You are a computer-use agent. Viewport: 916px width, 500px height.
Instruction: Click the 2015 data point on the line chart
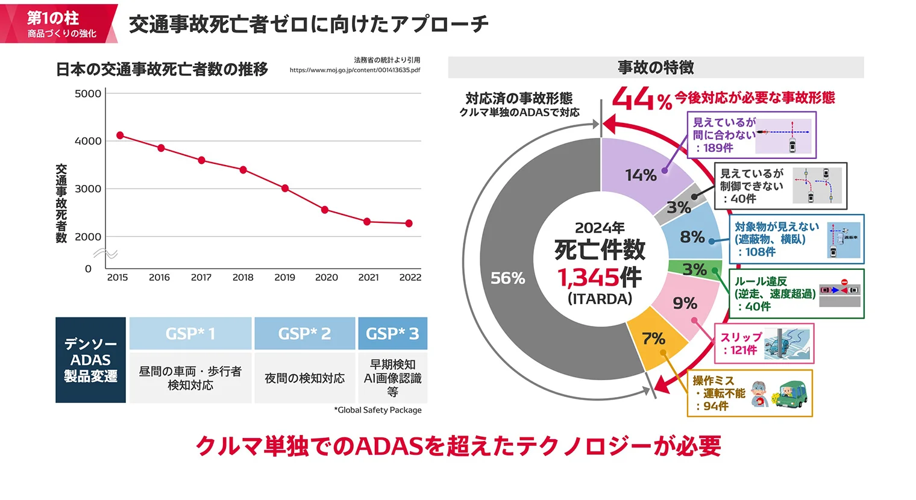(x=120, y=136)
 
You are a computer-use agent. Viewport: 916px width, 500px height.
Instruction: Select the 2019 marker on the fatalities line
(x=285, y=189)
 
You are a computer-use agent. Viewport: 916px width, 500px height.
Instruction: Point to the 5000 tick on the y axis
(x=88, y=93)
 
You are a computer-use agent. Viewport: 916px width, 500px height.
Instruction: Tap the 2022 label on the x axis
(x=410, y=277)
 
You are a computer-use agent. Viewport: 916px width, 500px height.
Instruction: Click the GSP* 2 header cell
(x=304, y=334)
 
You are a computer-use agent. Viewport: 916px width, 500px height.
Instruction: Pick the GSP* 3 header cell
(x=392, y=334)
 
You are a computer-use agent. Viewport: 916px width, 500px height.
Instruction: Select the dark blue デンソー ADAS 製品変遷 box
(x=90, y=360)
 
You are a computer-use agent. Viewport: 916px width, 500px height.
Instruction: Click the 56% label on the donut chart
(x=507, y=278)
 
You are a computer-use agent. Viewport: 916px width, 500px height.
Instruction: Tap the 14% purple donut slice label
(x=640, y=175)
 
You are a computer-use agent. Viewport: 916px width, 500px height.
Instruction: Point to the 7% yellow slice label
(x=653, y=339)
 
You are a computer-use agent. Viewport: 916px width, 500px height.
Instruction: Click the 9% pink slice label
(x=685, y=303)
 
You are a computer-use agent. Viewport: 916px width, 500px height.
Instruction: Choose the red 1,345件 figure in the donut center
(x=599, y=278)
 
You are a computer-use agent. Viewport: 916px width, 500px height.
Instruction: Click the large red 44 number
(x=633, y=99)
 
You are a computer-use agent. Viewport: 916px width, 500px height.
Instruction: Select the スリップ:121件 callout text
(x=741, y=343)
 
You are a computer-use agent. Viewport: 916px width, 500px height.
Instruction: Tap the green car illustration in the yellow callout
(x=792, y=395)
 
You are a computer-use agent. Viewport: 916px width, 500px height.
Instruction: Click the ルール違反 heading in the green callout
(x=761, y=281)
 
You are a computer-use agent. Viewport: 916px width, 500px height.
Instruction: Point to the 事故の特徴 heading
(x=656, y=67)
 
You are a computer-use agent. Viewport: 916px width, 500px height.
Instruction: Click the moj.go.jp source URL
(x=354, y=70)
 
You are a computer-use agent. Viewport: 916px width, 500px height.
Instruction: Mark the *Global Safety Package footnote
(x=378, y=410)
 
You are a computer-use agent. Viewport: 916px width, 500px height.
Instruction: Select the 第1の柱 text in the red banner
(x=53, y=18)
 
